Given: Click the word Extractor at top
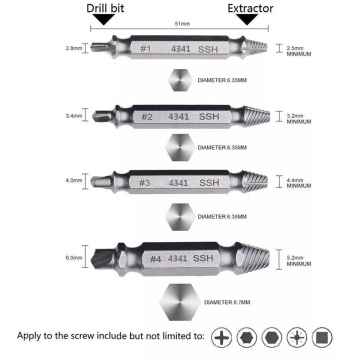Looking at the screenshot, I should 250,10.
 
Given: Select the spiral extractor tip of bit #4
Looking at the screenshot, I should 253,261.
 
